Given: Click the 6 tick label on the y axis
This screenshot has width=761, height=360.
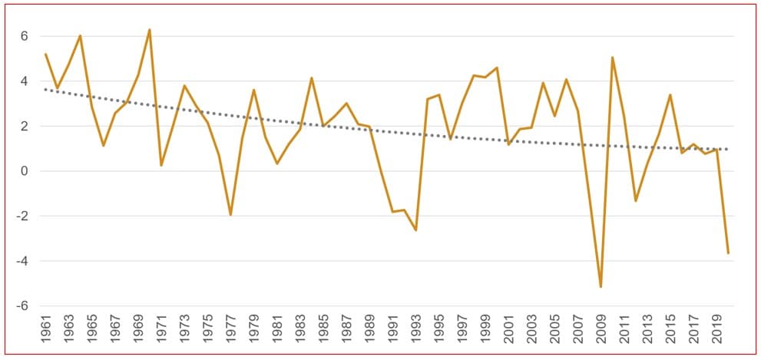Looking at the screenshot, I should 25,36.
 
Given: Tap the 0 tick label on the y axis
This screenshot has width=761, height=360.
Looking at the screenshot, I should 25,171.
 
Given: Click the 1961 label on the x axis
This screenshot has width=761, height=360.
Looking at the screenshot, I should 45,333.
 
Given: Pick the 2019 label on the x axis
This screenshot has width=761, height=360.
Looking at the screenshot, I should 717,333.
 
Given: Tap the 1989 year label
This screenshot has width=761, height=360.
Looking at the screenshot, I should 369,333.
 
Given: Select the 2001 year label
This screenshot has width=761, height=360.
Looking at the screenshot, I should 508,333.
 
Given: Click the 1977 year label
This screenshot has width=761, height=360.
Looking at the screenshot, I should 230,333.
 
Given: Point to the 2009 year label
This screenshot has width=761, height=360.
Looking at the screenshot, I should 601,333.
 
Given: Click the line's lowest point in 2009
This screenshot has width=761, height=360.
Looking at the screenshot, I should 601,287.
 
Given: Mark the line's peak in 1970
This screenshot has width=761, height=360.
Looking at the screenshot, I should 150,30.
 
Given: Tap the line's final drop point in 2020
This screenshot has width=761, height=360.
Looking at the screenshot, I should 728,253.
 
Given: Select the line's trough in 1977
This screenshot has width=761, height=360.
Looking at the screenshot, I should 230,215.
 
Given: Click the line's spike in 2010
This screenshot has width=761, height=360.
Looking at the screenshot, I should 612,57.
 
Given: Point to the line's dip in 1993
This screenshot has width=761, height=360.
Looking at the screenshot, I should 415,230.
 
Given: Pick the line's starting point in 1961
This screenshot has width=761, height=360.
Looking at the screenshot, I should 45,54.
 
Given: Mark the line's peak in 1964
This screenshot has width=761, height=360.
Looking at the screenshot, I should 80,35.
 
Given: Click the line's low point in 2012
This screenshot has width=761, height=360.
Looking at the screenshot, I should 636,201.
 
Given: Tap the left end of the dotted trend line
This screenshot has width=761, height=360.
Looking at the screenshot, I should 45,89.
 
